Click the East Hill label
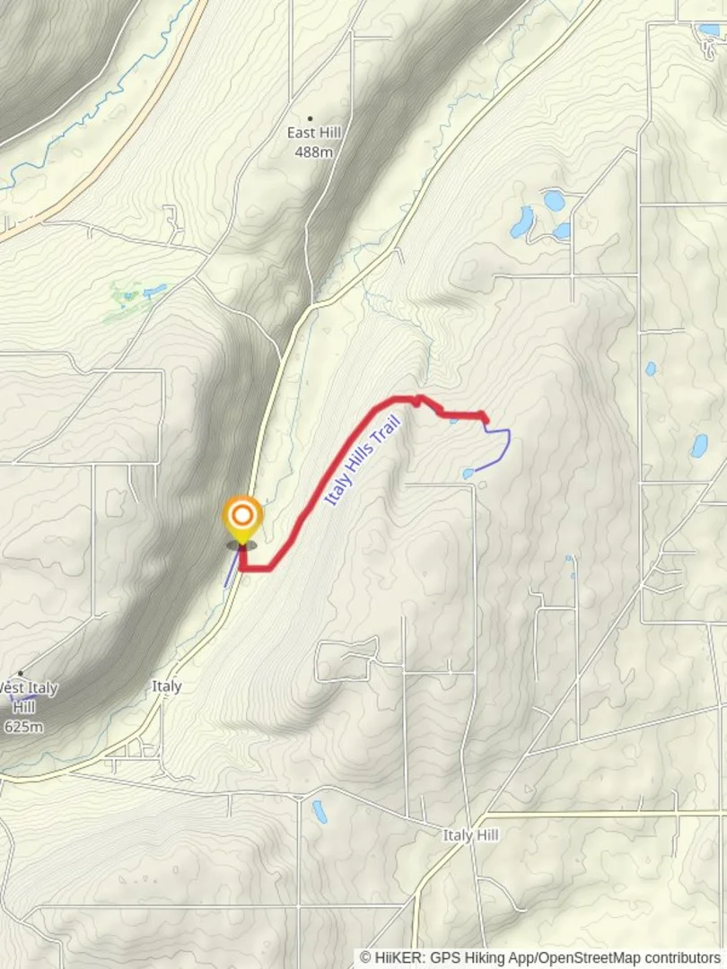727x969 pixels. click(313, 133)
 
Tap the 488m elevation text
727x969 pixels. click(313, 152)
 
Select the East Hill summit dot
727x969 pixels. click(311, 118)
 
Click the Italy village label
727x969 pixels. click(166, 686)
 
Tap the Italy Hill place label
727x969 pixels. click(470, 835)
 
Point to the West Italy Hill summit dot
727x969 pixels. click(20, 673)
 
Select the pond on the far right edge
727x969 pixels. click(698, 446)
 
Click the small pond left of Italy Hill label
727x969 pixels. click(319, 811)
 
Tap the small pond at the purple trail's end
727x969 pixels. click(468, 473)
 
